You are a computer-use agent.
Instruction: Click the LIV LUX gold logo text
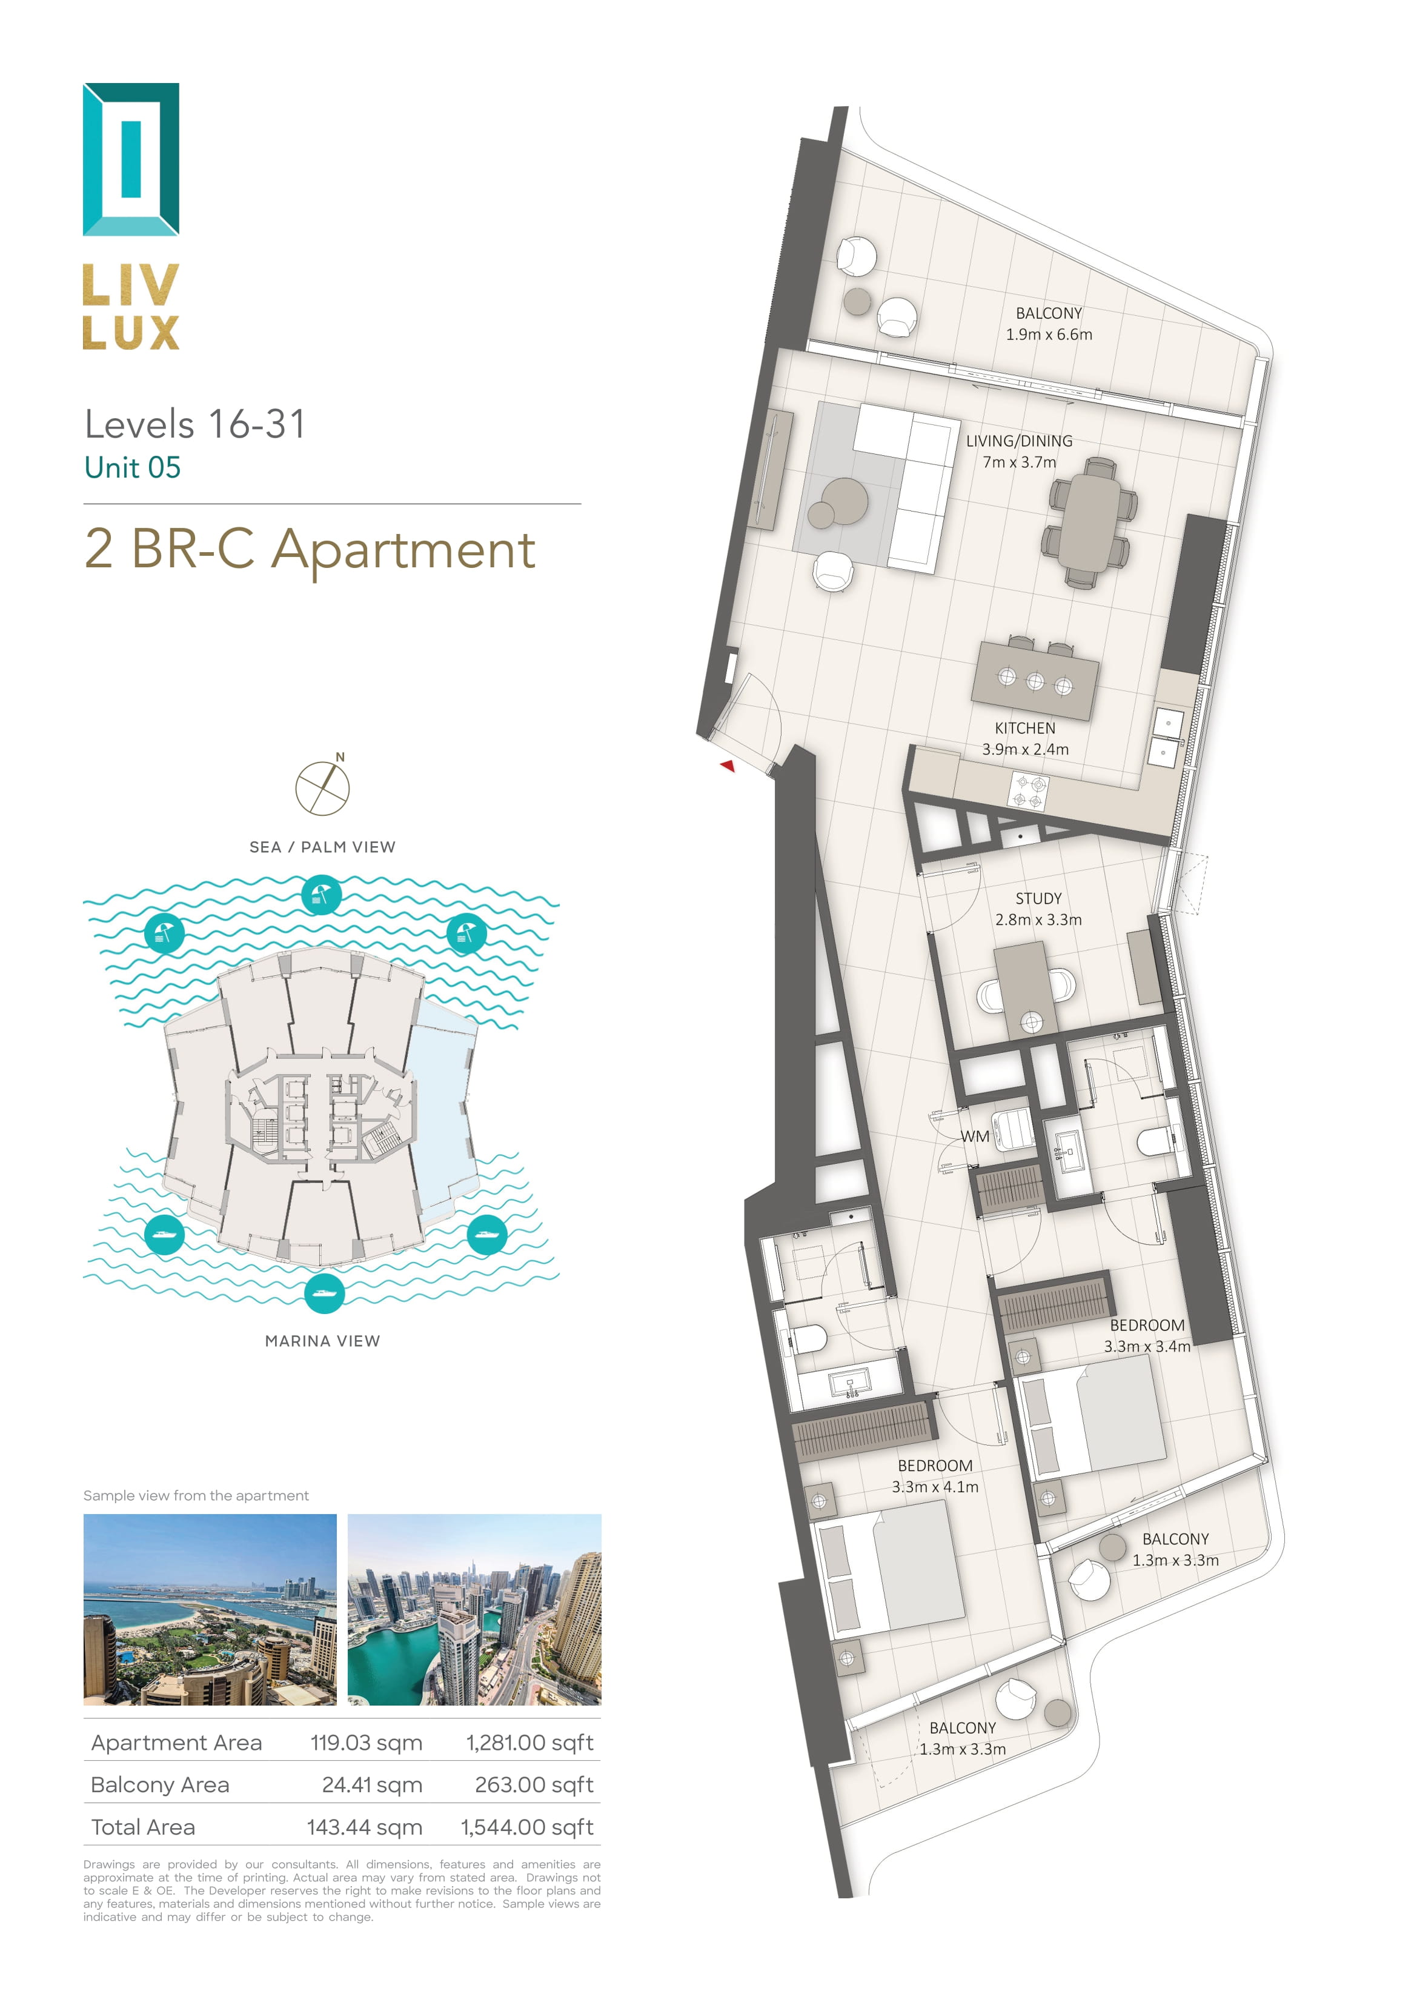click(x=131, y=307)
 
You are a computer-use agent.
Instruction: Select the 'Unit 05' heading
click(x=133, y=467)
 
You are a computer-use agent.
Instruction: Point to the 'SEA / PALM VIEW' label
click(x=322, y=847)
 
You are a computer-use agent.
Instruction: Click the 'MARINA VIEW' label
click(x=322, y=1341)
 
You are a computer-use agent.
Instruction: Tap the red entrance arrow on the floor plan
click(x=727, y=766)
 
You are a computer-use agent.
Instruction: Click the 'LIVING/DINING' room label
click(x=1019, y=441)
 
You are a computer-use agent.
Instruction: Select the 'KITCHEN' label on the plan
click(x=1025, y=729)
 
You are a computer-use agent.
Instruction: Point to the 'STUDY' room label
click(x=1038, y=899)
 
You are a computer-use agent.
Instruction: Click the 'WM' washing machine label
click(x=975, y=1136)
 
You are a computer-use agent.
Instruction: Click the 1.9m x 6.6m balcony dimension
click(x=1049, y=335)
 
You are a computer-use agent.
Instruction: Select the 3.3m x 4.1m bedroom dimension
click(x=934, y=1486)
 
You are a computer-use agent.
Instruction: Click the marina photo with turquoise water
click(x=474, y=1609)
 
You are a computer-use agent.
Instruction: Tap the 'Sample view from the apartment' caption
click(x=196, y=1495)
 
